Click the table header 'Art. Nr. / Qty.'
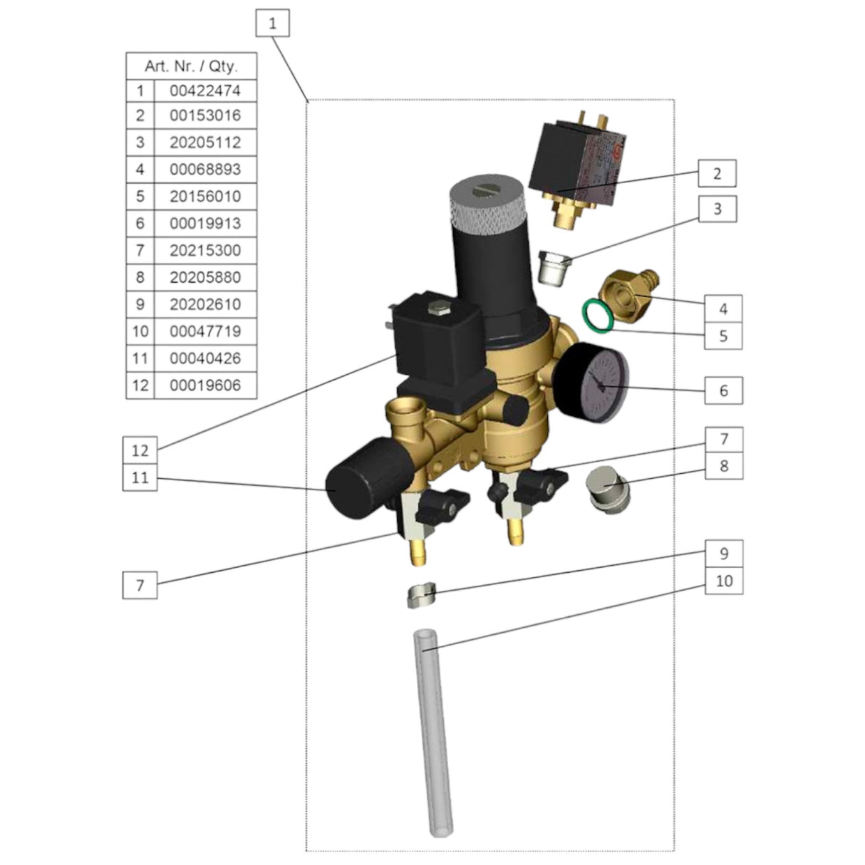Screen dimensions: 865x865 click(x=191, y=66)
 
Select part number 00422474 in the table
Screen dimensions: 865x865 click(x=205, y=90)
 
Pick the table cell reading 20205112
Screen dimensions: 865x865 click(x=205, y=143)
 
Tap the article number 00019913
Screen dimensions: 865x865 click(x=205, y=224)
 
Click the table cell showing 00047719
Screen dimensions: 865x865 click(x=205, y=331)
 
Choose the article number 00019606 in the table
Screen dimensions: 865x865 click(x=205, y=385)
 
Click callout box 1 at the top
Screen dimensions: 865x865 click(x=272, y=24)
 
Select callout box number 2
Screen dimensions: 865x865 click(x=717, y=173)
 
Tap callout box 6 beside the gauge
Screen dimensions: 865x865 click(x=723, y=390)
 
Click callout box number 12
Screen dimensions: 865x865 click(x=140, y=450)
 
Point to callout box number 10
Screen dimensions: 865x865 click(x=723, y=581)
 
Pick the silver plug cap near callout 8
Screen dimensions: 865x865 click(x=608, y=490)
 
